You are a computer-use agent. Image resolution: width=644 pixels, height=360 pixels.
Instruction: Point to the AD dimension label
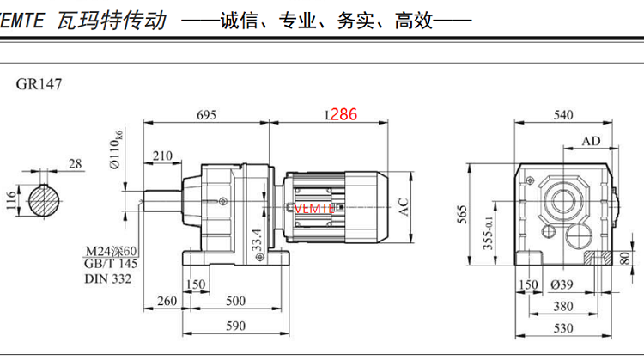[x=591, y=141]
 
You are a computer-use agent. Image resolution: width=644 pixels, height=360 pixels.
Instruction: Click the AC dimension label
[x=403, y=205]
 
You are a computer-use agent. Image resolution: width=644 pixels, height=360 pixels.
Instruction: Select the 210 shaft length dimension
[x=161, y=156]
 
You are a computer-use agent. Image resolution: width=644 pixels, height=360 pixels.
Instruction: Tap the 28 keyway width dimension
[x=75, y=163]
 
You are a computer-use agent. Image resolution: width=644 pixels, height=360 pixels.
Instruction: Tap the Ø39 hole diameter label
[x=563, y=284]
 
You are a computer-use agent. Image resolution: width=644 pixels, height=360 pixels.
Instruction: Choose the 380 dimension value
[x=563, y=306]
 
